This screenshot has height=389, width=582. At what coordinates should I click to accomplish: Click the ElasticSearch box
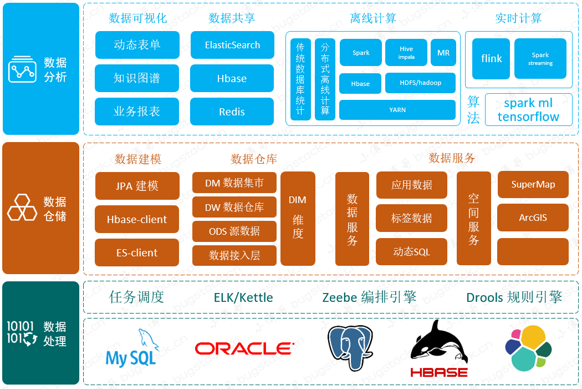pos(232,45)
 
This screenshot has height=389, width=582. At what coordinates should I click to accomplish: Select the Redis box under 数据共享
pos(232,112)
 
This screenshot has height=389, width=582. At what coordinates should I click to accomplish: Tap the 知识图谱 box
pos(137,78)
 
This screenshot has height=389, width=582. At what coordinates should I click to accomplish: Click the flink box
pos(491,59)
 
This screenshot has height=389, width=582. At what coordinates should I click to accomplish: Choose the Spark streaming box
pos(540,59)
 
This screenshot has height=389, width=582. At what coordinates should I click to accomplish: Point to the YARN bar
pos(397,110)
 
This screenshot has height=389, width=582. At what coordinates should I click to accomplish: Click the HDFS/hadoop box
pos(420,83)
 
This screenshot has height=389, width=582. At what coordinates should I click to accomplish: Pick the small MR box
pos(443,53)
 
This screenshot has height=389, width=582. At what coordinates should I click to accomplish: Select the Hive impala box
pos(406,53)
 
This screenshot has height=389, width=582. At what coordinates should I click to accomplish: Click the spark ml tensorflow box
pos(528,110)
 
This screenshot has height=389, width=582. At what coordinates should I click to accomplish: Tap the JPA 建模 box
pos(137,186)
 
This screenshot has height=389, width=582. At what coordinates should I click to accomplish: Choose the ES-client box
pos(137,252)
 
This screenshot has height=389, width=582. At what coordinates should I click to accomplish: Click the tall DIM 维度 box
pos(298,218)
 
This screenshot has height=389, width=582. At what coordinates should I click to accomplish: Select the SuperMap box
pos(533,185)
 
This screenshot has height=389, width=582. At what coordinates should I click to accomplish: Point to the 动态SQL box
pos(411,251)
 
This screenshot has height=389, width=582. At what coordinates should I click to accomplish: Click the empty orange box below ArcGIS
pos(533,251)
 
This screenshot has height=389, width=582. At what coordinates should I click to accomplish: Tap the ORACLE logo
pos(244,348)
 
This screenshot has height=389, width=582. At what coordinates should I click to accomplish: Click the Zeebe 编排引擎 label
pos(369,297)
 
